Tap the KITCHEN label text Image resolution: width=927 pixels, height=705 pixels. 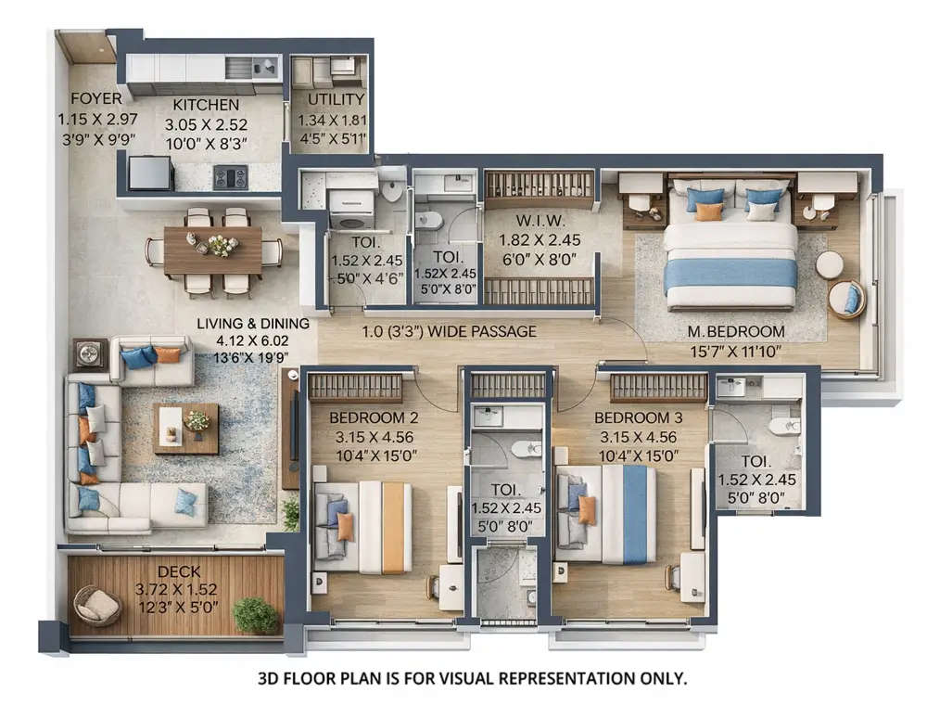click(x=206, y=105)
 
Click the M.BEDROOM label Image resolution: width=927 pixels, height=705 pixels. click(x=735, y=331)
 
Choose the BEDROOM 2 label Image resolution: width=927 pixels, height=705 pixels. click(x=374, y=417)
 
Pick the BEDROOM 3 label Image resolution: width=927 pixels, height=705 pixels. click(x=639, y=417)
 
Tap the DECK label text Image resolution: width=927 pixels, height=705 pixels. click(x=176, y=571)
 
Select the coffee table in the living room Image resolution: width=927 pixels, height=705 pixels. click(x=186, y=427)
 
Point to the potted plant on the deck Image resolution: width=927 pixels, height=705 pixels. click(x=255, y=615)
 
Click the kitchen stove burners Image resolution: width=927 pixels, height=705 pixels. click(x=231, y=175)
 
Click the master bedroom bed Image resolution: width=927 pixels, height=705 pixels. click(x=730, y=255)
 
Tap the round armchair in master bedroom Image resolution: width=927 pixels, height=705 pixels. click(x=846, y=299)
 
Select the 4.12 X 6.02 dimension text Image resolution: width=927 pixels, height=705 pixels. click(x=244, y=341)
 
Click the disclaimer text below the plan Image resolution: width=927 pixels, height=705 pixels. click(x=472, y=679)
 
